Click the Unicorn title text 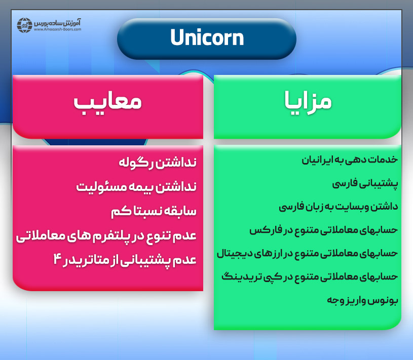pos(207,38)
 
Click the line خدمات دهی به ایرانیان pos(350,160)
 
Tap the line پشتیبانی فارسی pos(365,183)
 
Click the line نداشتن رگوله pos(157,163)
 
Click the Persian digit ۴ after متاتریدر pos(57,259)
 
